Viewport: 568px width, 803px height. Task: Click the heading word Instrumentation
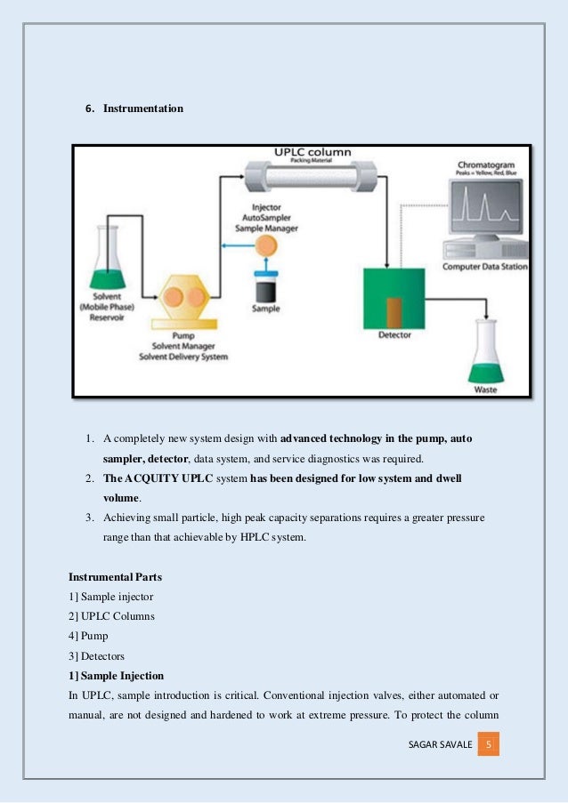point(143,108)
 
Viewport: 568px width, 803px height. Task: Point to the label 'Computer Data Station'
point(486,267)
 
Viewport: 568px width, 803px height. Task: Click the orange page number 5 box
point(489,743)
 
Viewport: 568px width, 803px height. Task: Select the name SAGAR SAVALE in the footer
point(436,743)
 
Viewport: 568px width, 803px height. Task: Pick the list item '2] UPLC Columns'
point(111,616)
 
